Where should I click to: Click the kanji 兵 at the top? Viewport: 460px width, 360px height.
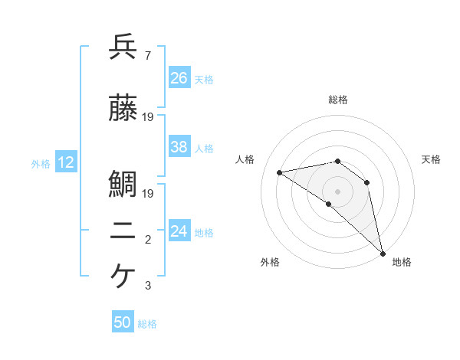coord(123,47)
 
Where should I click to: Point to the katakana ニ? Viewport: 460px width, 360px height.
coord(123,233)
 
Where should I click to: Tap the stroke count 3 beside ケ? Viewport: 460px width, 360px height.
coord(148,286)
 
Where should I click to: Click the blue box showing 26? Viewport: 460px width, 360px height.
coord(179,77)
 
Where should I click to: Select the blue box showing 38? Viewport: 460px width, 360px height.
coord(179,147)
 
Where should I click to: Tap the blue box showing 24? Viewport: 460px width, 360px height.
coord(179,231)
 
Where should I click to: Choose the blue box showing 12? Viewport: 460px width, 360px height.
coord(65,162)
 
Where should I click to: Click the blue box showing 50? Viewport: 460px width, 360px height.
coord(123,322)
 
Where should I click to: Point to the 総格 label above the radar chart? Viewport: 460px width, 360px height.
coord(338,100)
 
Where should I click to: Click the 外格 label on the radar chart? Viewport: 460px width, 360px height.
coord(270,262)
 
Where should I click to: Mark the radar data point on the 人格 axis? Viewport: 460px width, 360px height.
coord(280,172)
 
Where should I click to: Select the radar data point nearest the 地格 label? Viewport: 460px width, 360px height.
coord(382,253)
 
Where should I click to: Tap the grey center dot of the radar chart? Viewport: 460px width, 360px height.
coord(337,191)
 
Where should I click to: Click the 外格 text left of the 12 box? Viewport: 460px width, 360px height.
coord(41,163)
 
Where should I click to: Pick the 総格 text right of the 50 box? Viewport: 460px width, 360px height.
coord(148,324)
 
